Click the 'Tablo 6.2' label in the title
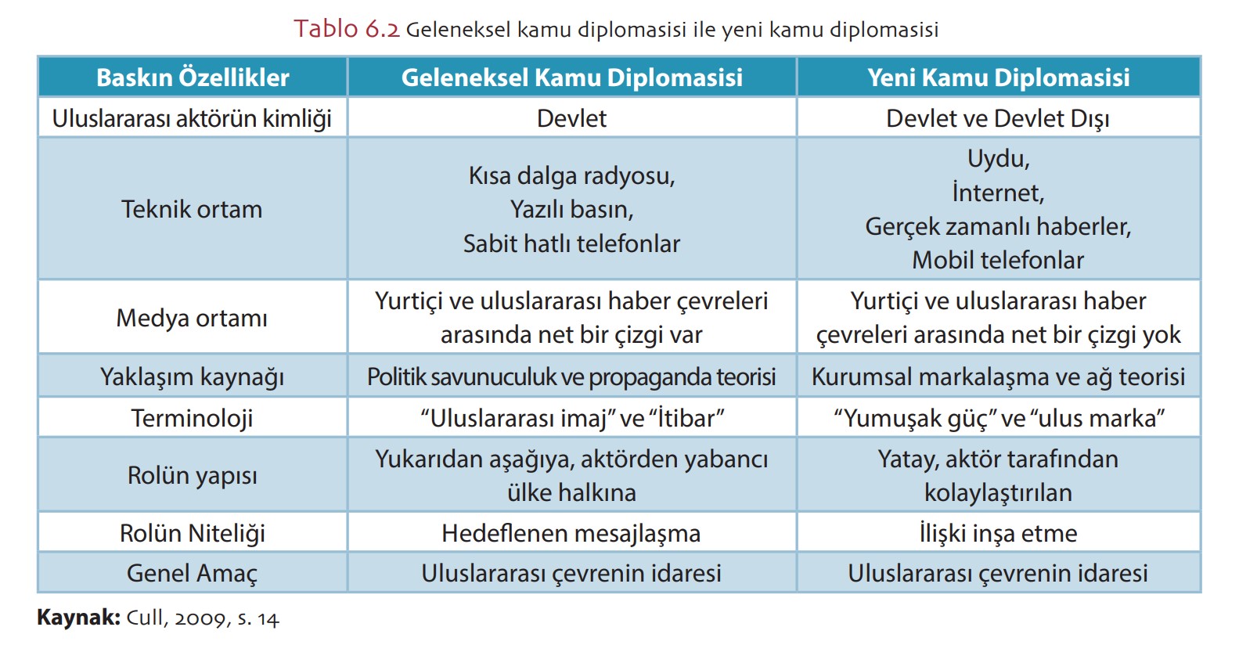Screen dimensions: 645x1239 (347, 29)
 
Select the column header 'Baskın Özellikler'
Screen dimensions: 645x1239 (193, 77)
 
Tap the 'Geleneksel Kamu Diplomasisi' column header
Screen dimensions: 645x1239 (571, 77)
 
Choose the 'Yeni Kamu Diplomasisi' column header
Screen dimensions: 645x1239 (998, 77)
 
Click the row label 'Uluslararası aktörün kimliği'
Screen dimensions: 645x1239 (192, 118)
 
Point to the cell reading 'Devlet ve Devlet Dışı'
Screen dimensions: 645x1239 (998, 118)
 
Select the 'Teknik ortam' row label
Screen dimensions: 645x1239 (192, 209)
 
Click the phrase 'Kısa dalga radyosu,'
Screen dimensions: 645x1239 (571, 175)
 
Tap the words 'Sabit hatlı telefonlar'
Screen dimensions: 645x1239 (571, 243)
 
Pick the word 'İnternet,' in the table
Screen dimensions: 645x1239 (998, 193)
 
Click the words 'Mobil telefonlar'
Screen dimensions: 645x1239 (998, 260)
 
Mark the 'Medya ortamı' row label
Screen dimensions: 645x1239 (192, 318)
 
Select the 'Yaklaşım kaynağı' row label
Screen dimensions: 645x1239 (192, 377)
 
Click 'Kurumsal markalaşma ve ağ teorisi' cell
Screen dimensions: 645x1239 (998, 377)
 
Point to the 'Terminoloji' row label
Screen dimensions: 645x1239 (192, 418)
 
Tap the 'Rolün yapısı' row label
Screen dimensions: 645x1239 (192, 475)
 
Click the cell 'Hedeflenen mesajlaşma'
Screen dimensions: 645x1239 (571, 533)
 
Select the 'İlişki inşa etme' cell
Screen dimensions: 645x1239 (998, 533)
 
